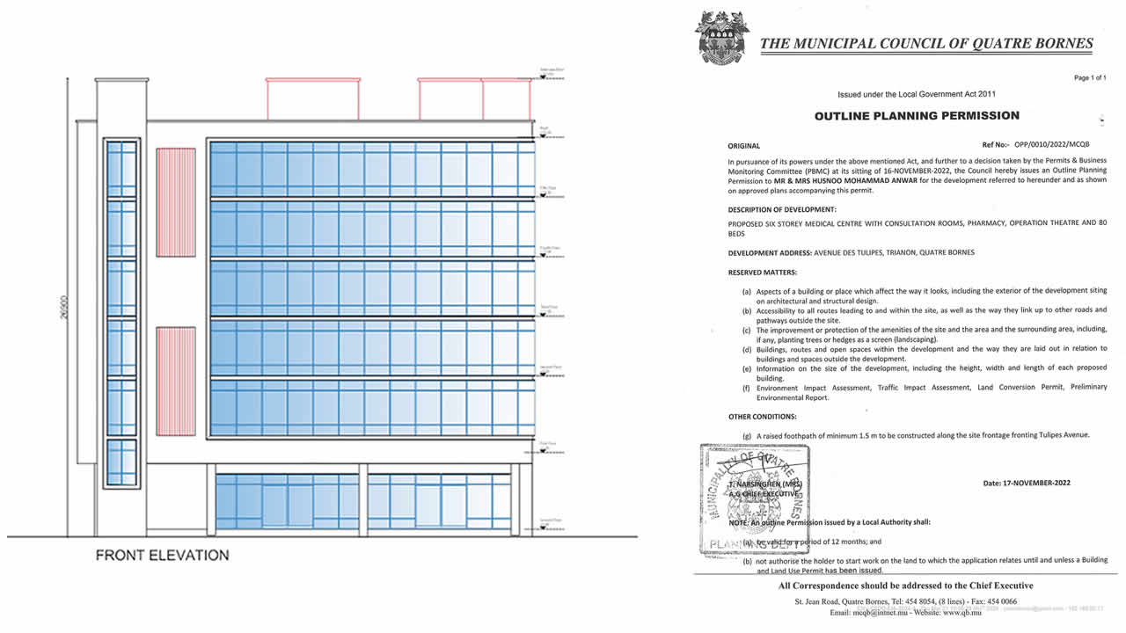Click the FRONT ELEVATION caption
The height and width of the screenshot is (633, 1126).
click(162, 556)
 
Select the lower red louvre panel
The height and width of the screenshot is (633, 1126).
click(175, 381)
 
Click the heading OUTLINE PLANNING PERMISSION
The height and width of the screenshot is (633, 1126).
click(917, 115)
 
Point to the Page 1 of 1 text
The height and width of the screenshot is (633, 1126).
click(1089, 78)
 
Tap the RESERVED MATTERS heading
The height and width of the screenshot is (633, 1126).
click(763, 273)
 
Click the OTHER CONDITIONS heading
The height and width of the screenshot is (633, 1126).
click(763, 417)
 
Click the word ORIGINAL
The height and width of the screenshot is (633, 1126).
click(744, 146)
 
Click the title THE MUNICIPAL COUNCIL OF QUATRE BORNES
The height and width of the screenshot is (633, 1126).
click(926, 43)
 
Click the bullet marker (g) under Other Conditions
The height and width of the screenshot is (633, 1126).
click(748, 434)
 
